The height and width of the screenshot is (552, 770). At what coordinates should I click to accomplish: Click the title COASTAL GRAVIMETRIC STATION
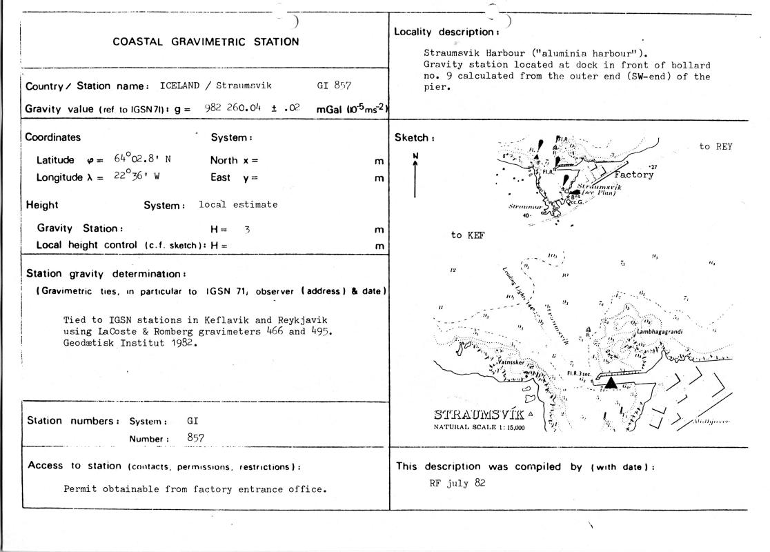[x=206, y=41]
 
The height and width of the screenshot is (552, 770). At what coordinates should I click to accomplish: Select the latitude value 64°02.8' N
[x=143, y=159]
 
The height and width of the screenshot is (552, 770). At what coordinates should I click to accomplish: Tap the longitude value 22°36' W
[x=138, y=177]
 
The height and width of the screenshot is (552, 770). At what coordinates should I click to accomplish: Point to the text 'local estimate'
[x=238, y=204]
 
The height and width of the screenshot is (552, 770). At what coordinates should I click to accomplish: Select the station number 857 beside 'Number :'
[x=197, y=438]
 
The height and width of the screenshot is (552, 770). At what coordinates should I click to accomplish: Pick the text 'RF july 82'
[x=457, y=483]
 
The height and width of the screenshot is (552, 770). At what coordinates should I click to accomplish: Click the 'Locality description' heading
[x=446, y=32]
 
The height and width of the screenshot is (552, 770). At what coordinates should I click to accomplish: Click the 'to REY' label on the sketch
[x=715, y=146]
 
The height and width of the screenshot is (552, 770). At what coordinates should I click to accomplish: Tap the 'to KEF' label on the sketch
[x=468, y=235]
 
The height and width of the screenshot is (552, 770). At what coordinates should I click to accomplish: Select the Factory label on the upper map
[x=633, y=175]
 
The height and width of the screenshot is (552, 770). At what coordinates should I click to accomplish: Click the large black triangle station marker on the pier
[x=611, y=382]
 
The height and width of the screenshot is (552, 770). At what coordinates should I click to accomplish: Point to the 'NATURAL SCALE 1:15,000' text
[x=479, y=427]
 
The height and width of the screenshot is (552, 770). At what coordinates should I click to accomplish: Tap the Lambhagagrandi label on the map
[x=659, y=332]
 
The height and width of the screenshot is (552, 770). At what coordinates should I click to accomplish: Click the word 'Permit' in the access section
[x=79, y=489]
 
